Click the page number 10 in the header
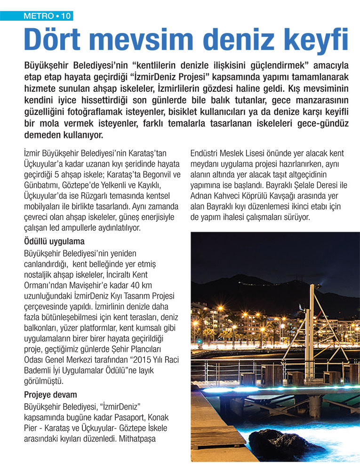point(65,16)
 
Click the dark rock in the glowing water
point(278,445)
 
